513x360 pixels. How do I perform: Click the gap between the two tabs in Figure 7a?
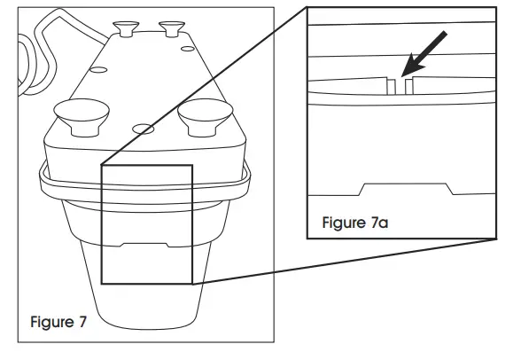coord(400,86)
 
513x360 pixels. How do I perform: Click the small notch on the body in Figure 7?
coord(146,242)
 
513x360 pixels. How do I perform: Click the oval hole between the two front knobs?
coord(142,129)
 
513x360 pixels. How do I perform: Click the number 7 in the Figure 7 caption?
coord(82,322)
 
